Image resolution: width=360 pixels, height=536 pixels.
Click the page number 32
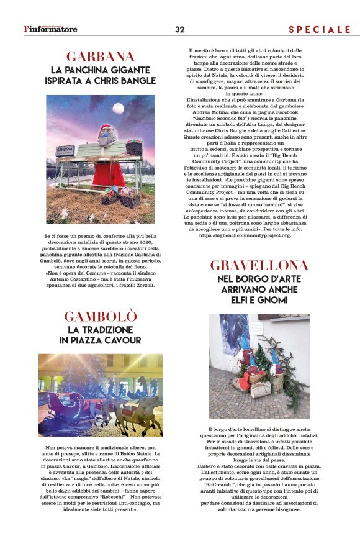tap(180, 29)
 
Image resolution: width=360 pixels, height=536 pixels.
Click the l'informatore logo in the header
tap(50, 29)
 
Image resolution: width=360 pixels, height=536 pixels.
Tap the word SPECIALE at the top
tap(320, 29)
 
